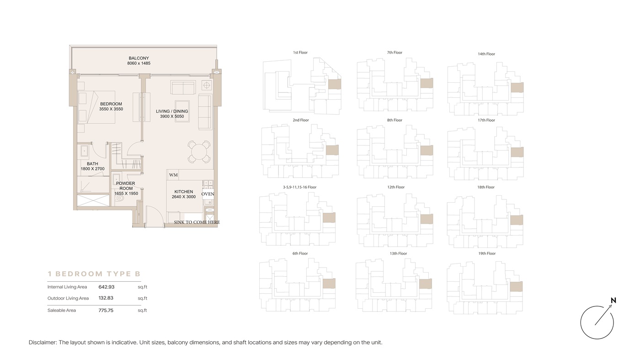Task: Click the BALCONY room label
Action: tap(139, 58)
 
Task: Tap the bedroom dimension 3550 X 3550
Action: tap(111, 109)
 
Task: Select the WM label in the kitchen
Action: tap(173, 175)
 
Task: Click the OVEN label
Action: tap(208, 194)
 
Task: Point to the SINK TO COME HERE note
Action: tap(197, 222)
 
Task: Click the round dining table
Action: tap(199, 152)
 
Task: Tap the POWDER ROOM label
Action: tap(126, 186)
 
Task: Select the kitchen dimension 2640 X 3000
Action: tap(184, 197)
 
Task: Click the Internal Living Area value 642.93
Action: tap(106, 287)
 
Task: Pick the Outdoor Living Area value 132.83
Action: tap(106, 298)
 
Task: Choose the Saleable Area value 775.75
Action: tap(106, 310)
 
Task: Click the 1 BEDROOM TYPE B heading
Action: tap(94, 274)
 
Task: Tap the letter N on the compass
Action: tap(613, 301)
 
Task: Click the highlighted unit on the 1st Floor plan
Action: tap(334, 84)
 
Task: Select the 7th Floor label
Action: tap(395, 53)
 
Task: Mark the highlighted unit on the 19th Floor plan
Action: tap(516, 286)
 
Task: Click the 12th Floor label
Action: tap(396, 187)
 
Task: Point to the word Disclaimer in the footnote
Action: tap(43, 343)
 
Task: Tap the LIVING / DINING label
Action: tap(172, 111)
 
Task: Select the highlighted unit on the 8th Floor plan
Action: tap(427, 150)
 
